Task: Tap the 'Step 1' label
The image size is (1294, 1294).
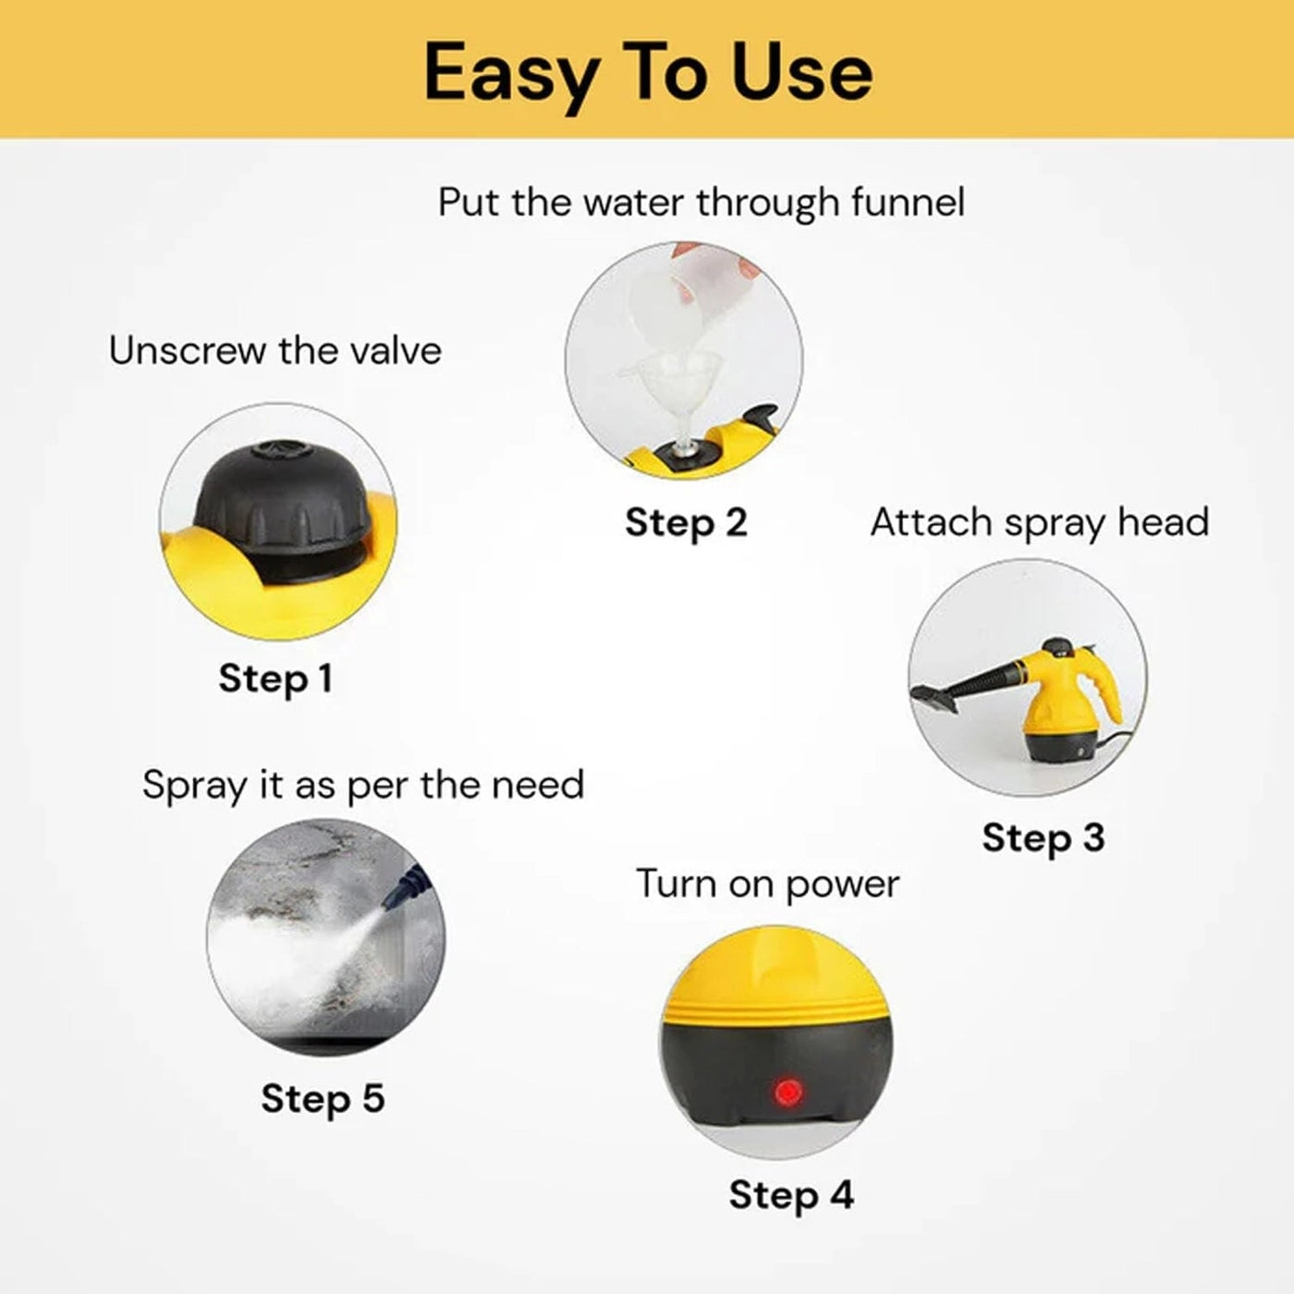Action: click(275, 678)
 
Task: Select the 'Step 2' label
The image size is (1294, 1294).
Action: click(685, 523)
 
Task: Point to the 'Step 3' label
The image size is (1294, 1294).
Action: click(1043, 838)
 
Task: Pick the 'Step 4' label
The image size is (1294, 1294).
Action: click(790, 1195)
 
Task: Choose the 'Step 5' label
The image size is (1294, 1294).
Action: click(322, 1099)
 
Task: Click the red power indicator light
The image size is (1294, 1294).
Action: click(787, 1092)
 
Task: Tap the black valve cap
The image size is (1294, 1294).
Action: click(281, 494)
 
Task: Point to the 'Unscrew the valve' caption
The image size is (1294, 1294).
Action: click(275, 351)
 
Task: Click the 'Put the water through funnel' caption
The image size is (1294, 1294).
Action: click(701, 202)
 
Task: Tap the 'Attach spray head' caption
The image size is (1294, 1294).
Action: click(1039, 523)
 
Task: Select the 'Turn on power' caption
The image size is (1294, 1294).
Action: click(767, 885)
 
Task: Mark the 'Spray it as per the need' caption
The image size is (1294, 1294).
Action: click(363, 786)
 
